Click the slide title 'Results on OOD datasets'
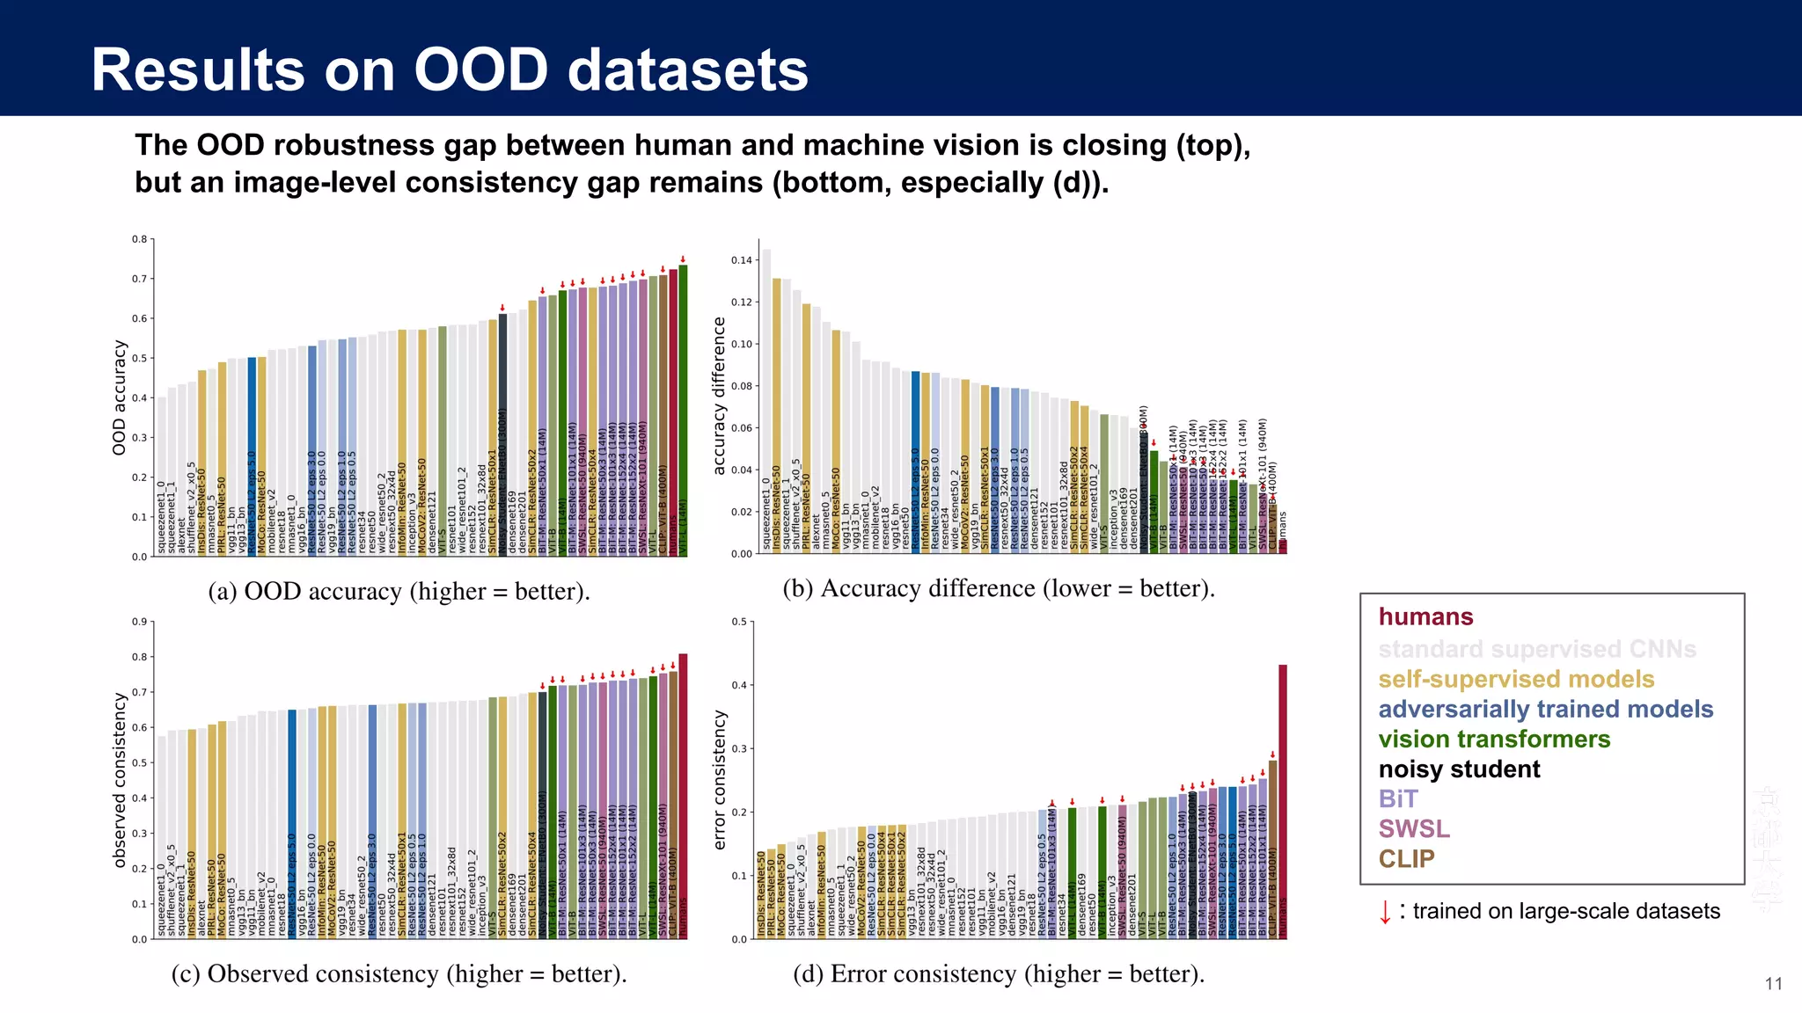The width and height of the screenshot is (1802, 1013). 450,69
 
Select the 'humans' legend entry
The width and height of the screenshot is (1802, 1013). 1425,616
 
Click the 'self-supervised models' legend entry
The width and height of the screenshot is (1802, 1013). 1516,679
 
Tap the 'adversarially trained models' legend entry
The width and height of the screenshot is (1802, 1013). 1545,709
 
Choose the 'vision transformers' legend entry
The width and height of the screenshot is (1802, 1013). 1494,739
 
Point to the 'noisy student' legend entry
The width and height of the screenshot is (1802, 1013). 1459,769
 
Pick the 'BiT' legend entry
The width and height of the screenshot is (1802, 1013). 1398,798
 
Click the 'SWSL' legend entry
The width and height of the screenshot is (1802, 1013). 1414,828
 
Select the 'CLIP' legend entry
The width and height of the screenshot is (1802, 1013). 1406,858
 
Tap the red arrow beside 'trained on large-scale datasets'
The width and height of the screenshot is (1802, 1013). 1385,912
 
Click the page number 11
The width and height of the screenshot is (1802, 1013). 1773,984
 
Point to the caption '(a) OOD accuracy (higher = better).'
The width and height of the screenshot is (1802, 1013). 399,591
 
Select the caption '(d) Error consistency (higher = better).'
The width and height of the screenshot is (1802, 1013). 999,973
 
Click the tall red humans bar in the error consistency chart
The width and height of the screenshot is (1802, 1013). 1283,800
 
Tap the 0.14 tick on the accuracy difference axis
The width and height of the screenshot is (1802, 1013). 742,260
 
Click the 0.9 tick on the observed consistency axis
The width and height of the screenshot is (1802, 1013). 139,622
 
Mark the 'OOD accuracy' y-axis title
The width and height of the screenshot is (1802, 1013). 120,397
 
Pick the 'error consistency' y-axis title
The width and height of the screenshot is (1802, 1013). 720,780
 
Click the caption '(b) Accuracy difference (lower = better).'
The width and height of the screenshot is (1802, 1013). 999,588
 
